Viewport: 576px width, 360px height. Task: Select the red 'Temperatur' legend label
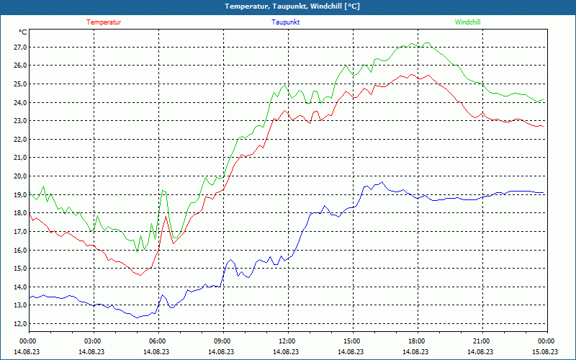pyautogui.click(x=104, y=22)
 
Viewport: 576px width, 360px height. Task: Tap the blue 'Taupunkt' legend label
pyautogui.click(x=286, y=22)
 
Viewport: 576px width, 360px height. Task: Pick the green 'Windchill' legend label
pyautogui.click(x=468, y=22)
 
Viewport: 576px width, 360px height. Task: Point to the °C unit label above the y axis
pyautogui.click(x=23, y=32)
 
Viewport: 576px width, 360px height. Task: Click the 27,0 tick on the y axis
pyautogui.click(x=19, y=47)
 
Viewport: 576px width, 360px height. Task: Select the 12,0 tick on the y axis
pyautogui.click(x=19, y=324)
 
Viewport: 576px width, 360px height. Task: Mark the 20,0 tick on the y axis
pyautogui.click(x=19, y=176)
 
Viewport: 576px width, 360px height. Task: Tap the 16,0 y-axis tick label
pyautogui.click(x=19, y=250)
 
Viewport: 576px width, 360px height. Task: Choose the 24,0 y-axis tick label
pyautogui.click(x=19, y=102)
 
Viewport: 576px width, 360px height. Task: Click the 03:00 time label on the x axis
pyautogui.click(x=93, y=341)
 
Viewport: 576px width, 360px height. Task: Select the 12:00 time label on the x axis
pyautogui.click(x=287, y=341)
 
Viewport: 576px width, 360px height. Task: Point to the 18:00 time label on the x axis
pyautogui.click(x=417, y=341)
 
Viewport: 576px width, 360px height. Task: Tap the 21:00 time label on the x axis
pyautogui.click(x=482, y=341)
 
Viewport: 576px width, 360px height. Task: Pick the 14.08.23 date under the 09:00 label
pyautogui.click(x=222, y=351)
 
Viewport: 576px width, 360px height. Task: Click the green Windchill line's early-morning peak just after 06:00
pyautogui.click(x=163, y=190)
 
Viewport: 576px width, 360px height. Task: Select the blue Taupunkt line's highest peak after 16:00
pyautogui.click(x=382, y=181)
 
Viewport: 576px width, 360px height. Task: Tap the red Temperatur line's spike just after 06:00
pyautogui.click(x=166, y=215)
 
